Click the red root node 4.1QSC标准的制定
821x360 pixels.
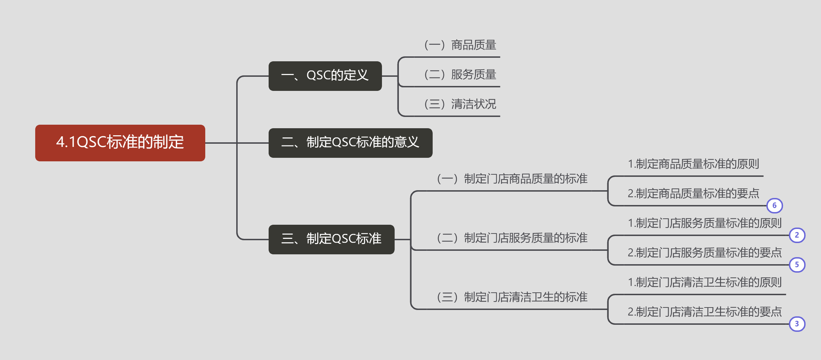coord(120,143)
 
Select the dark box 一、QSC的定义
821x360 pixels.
coord(325,76)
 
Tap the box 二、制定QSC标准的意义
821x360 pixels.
coord(350,143)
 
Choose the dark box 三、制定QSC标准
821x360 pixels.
coord(331,239)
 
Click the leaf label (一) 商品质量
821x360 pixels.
coord(460,45)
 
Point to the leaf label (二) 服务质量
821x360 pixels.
coord(460,75)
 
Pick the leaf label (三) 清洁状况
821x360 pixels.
coord(460,104)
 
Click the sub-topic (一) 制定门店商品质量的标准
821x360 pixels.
coord(512,179)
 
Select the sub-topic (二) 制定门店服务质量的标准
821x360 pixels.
coord(512,238)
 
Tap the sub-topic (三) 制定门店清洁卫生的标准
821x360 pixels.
coord(512,297)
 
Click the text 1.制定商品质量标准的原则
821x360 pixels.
coord(693,164)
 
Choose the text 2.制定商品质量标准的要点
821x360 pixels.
coord(693,194)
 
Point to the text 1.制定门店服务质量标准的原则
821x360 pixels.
coord(704,223)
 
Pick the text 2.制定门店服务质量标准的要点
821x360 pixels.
coord(704,253)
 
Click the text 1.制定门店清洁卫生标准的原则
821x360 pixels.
coord(704,283)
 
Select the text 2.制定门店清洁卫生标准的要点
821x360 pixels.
coord(704,312)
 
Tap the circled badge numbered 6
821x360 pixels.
coord(775,206)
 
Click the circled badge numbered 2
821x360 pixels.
coord(797,235)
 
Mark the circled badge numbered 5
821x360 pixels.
coord(797,265)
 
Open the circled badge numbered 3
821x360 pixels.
coord(797,324)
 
